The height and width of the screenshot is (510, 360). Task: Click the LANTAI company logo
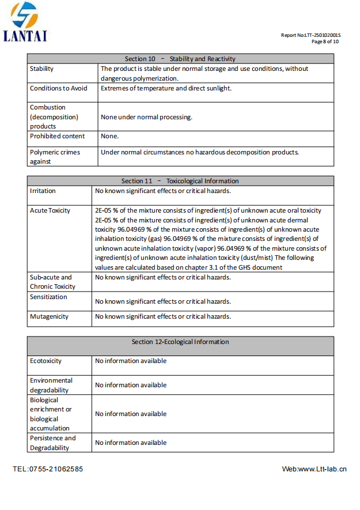tap(25, 22)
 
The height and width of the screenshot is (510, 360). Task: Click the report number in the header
tap(310, 35)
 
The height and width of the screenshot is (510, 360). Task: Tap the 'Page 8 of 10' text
tap(325, 41)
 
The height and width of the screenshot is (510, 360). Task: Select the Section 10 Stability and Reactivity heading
tap(180, 59)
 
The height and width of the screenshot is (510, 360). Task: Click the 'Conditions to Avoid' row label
tap(59, 88)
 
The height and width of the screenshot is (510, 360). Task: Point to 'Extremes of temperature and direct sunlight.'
tap(166, 88)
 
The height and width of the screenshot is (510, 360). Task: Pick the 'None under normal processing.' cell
tap(146, 117)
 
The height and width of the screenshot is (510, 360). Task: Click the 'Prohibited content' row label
tap(57, 136)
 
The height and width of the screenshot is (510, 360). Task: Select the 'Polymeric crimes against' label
tap(55, 157)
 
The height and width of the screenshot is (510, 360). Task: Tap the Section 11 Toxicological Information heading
tap(180, 181)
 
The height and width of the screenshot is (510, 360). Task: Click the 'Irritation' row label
tap(43, 191)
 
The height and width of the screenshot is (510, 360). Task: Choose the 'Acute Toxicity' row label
tap(50, 210)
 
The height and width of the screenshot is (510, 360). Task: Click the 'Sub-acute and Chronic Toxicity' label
tap(52, 282)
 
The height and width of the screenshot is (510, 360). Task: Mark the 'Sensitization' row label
tap(48, 297)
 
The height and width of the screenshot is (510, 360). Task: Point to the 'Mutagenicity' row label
tap(49, 316)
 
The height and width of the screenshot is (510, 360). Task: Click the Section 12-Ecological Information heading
tap(180, 342)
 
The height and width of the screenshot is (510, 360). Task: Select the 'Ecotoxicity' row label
tap(46, 361)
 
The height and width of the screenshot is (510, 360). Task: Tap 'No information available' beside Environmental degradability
tap(131, 385)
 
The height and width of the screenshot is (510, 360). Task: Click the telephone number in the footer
tap(48, 469)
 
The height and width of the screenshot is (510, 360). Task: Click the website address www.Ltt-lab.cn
tap(314, 469)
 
